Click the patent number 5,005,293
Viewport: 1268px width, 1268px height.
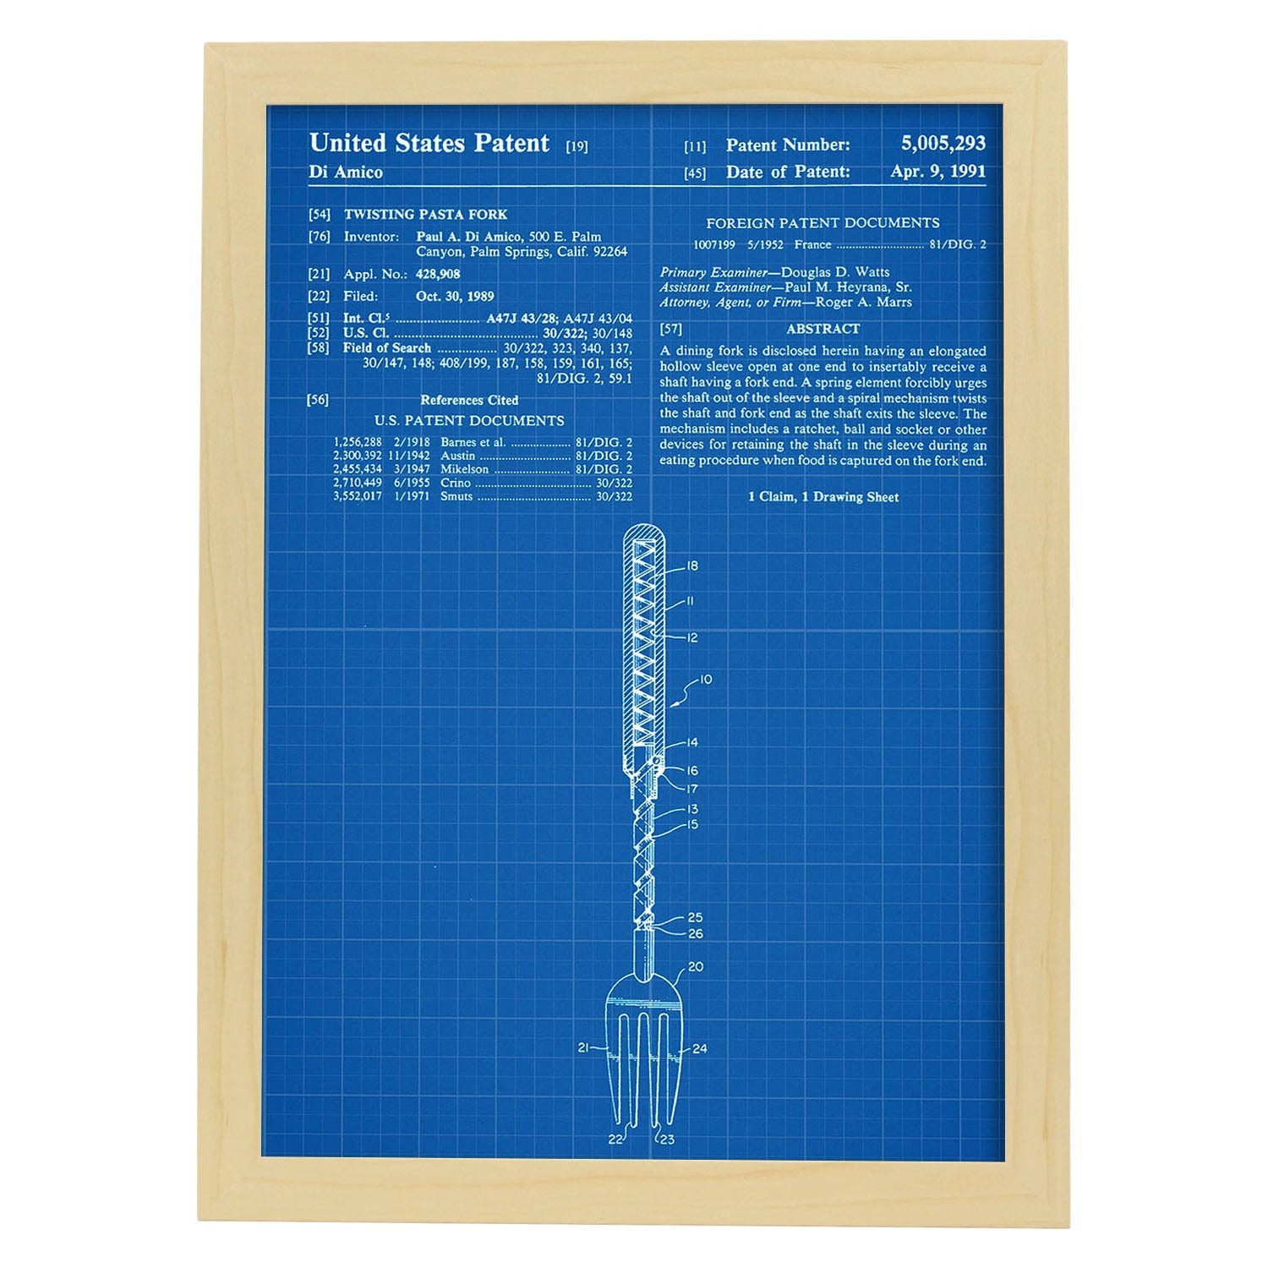pos(943,144)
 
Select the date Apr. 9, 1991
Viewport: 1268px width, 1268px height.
pos(937,171)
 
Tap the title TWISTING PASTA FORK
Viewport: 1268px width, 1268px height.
pos(425,215)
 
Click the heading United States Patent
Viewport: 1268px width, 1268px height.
pos(429,143)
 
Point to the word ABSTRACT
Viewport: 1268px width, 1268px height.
pos(823,329)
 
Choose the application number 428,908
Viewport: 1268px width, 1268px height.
pos(438,274)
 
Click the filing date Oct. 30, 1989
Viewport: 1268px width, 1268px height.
pos(455,296)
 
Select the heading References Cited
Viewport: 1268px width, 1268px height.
pos(469,400)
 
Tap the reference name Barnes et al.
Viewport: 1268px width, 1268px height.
pos(473,442)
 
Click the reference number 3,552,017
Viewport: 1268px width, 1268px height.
pos(358,496)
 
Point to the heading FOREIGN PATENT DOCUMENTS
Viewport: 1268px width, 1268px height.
pos(823,223)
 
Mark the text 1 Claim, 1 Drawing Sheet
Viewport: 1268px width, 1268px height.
pos(823,497)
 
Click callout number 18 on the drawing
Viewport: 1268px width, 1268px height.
pos(693,566)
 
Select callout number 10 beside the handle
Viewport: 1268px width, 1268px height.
pos(705,679)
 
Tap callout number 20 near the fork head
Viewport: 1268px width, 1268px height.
pos(696,966)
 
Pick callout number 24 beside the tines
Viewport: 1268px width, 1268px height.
pos(699,1049)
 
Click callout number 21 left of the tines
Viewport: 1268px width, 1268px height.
pos(583,1048)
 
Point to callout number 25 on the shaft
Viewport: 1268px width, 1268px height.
pos(695,917)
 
